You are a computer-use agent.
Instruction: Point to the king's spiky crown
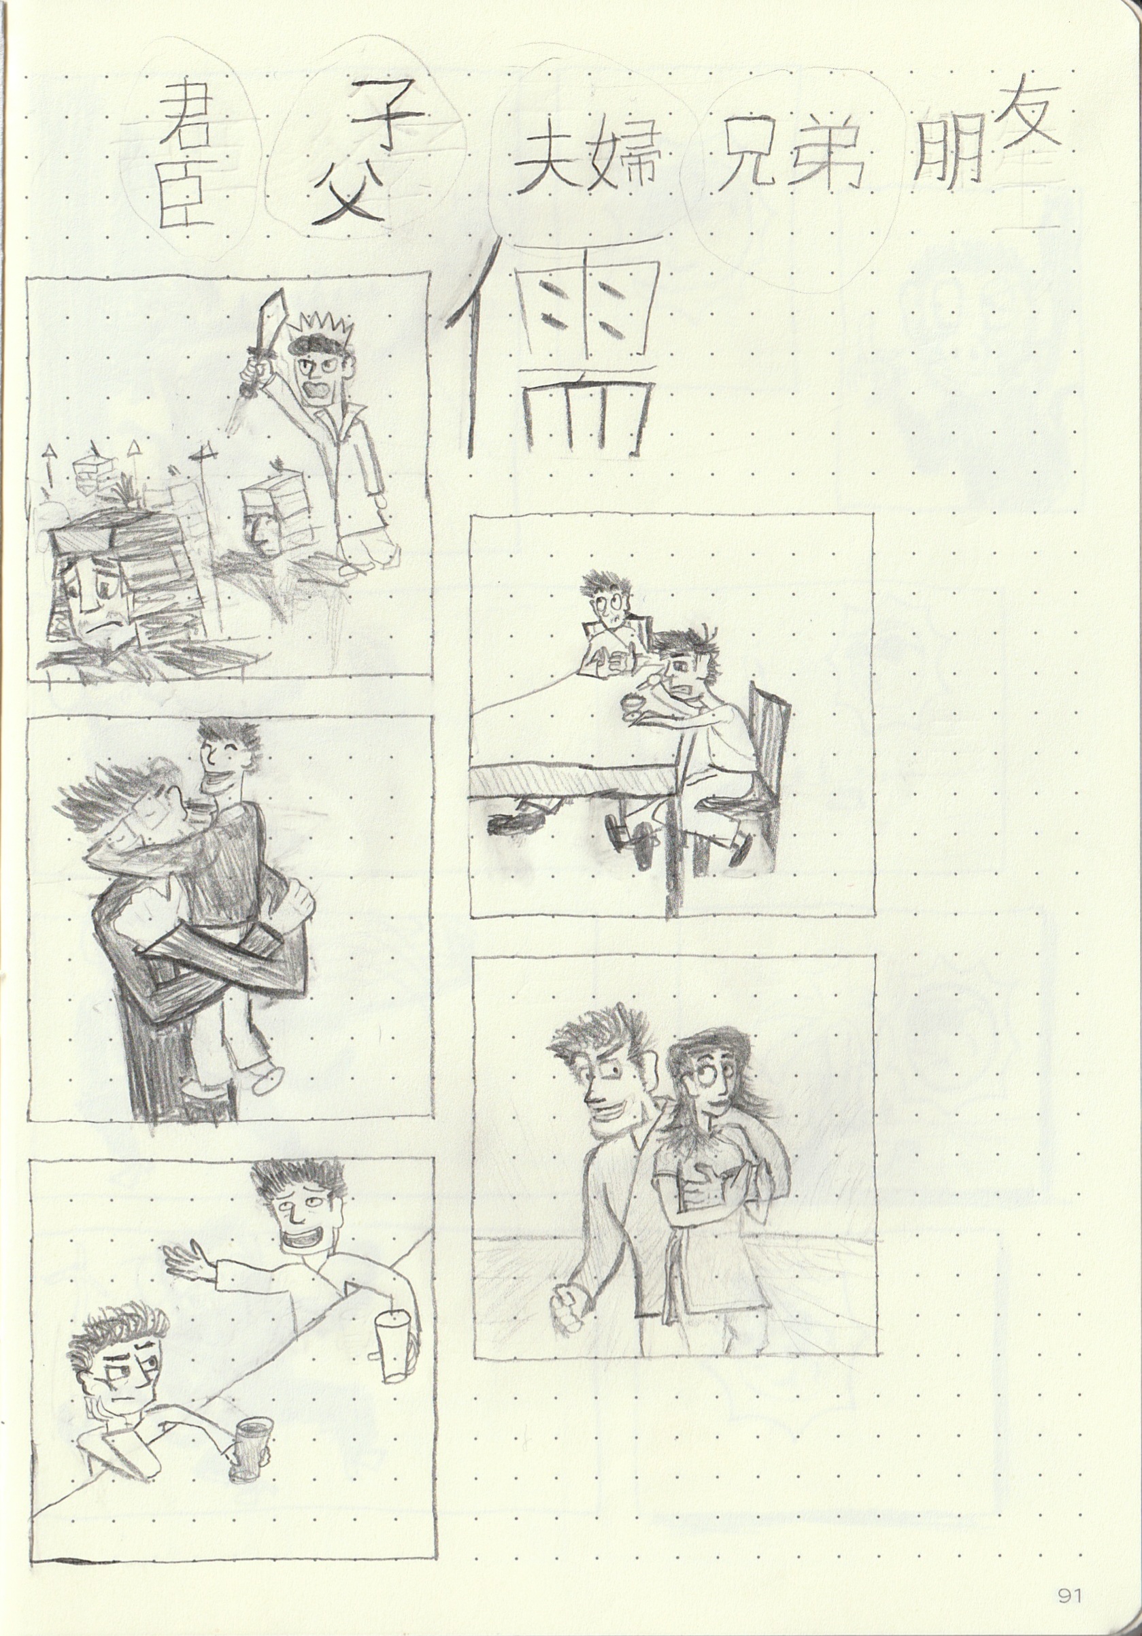tap(324, 329)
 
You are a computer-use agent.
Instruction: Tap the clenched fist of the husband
tap(571, 1303)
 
